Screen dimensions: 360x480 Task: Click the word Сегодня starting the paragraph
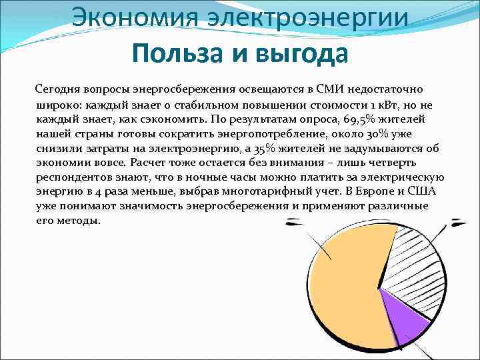[58, 89]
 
